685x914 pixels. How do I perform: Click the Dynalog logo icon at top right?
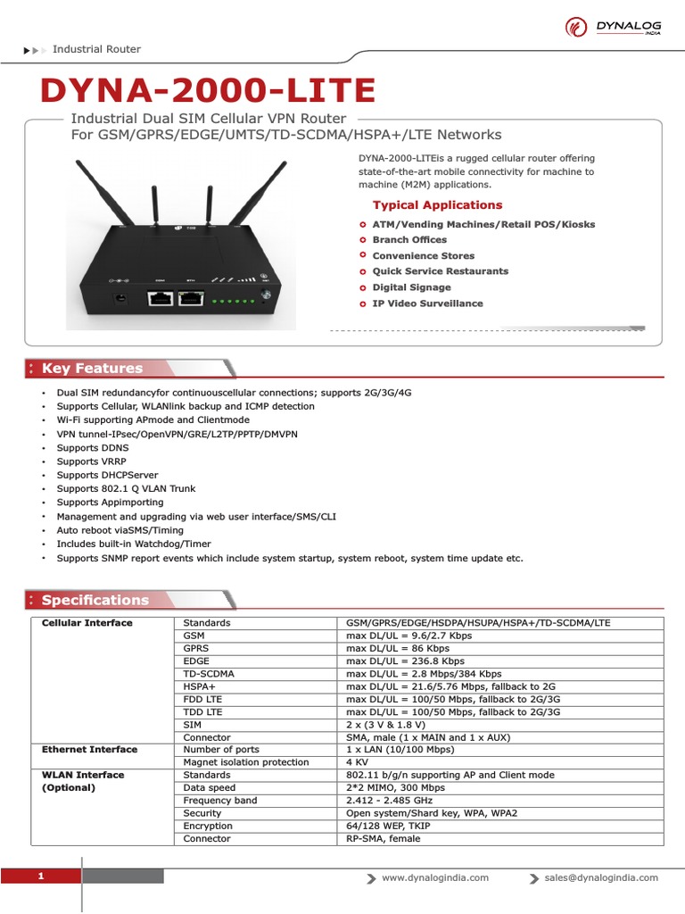point(576,27)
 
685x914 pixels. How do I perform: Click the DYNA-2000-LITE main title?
point(208,90)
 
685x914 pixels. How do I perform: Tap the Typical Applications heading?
point(437,204)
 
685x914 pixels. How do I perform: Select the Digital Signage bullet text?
point(411,287)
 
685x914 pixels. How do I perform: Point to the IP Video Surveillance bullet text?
point(427,303)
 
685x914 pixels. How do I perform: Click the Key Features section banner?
point(92,368)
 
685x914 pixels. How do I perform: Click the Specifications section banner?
point(95,600)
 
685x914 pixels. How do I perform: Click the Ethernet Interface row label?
point(90,750)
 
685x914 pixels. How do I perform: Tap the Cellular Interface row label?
point(87,623)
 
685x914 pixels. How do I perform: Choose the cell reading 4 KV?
point(357,762)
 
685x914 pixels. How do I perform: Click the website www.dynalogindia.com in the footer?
point(435,877)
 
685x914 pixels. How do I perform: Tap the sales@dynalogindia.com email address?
point(601,877)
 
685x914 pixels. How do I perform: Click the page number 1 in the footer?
point(41,877)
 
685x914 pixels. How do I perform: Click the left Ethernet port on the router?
point(161,298)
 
